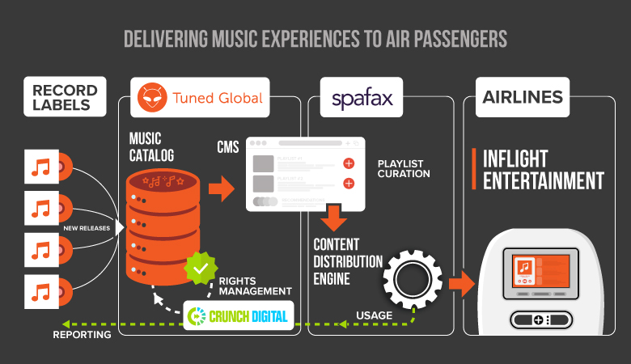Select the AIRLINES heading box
coord(523,97)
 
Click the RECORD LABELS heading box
coord(66,98)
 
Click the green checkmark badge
coord(200,268)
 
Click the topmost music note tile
coord(43,167)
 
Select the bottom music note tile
coord(43,291)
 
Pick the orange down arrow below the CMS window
coord(332,217)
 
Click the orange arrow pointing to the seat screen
coord(462,284)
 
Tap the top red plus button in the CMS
coord(349,163)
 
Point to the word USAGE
coord(373,315)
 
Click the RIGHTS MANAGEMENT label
coord(255,285)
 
